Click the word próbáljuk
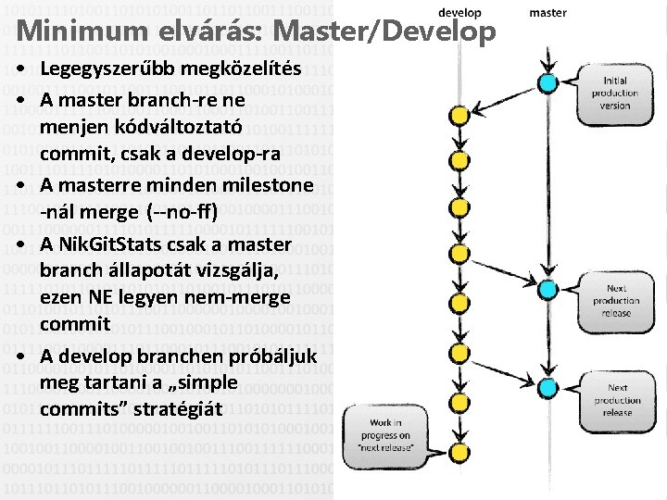(x=270, y=356)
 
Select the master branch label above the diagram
(x=548, y=13)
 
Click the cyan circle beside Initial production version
(x=549, y=83)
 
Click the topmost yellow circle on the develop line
(x=458, y=115)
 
